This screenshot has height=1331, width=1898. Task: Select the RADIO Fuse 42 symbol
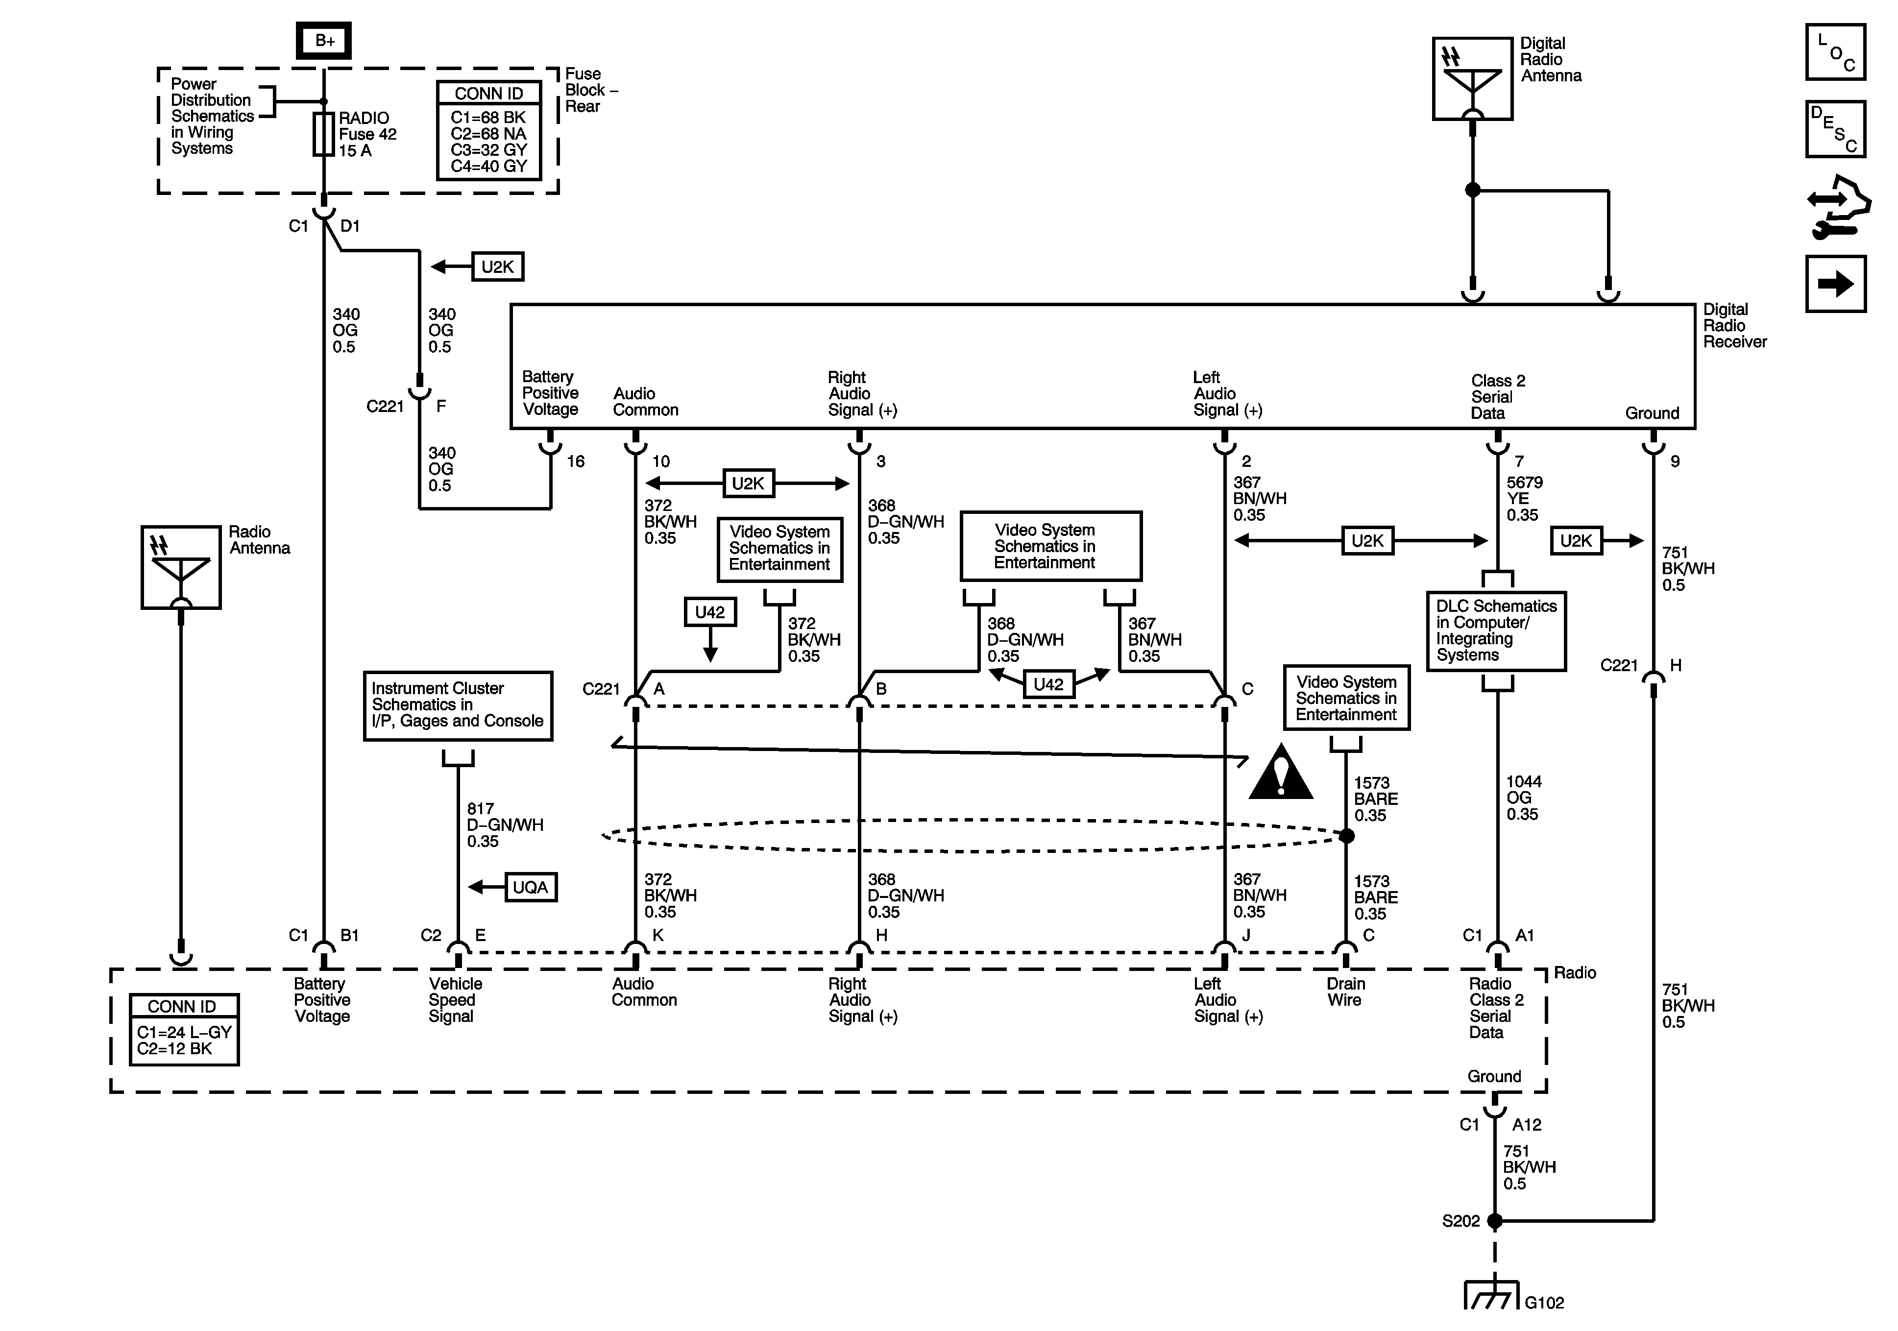(x=323, y=135)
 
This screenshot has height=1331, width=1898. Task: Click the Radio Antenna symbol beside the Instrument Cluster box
(x=181, y=567)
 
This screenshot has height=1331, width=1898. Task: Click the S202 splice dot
(x=1495, y=1220)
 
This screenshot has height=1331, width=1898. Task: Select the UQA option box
(x=530, y=887)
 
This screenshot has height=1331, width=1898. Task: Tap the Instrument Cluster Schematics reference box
(x=458, y=705)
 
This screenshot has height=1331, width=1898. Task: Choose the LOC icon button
(x=1835, y=52)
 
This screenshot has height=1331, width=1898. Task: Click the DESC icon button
(x=1835, y=129)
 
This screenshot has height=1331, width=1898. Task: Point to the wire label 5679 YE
(x=1524, y=499)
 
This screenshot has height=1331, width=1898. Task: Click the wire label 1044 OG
(x=1523, y=798)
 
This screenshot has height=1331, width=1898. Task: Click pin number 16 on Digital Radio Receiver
(x=575, y=461)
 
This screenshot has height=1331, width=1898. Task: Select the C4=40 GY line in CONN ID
(x=488, y=166)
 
